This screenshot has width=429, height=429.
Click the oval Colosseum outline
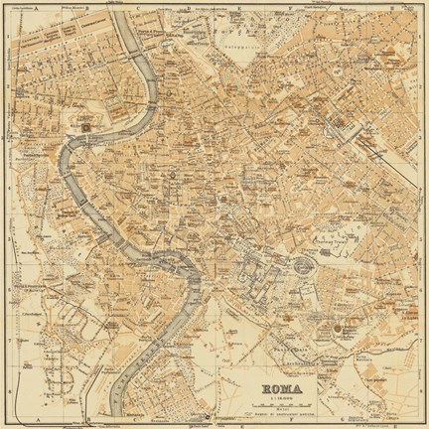click(299, 264)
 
